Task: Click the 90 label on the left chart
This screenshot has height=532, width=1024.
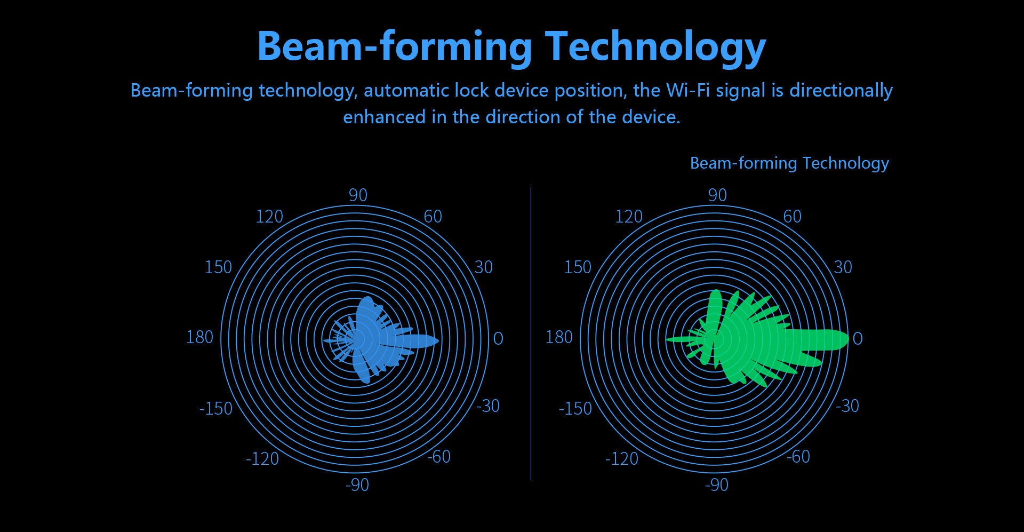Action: tap(358, 195)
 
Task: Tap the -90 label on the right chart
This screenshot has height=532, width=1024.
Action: tap(716, 485)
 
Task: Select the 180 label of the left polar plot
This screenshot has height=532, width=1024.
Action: tap(199, 337)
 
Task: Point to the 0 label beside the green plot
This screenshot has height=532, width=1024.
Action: tap(858, 338)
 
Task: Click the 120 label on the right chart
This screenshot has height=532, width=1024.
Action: tap(629, 217)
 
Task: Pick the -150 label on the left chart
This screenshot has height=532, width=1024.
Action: tap(216, 409)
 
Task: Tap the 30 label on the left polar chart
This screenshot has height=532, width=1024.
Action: tap(484, 267)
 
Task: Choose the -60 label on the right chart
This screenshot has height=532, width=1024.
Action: tap(798, 457)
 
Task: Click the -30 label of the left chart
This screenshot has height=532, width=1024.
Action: tap(488, 406)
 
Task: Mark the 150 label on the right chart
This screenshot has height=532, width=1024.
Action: tap(578, 267)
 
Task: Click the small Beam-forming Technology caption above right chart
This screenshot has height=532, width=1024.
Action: tap(789, 163)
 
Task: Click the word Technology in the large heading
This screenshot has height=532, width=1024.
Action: tap(655, 47)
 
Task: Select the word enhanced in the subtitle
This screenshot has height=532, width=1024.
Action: tap(384, 117)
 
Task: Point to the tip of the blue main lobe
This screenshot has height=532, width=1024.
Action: tap(438, 340)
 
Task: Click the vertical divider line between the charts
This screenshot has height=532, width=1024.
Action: tap(531, 334)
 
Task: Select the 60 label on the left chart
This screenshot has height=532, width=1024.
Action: tap(433, 217)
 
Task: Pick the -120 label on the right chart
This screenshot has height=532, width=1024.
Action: tap(621, 459)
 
